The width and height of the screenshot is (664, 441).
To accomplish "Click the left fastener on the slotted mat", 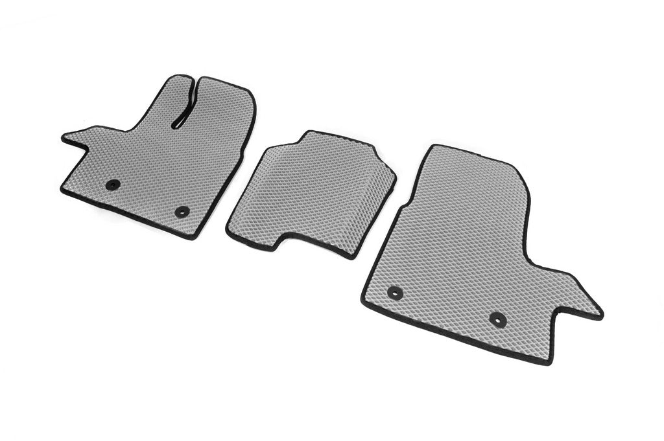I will point(113,185).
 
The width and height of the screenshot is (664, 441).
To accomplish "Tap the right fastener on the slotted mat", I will point(182,211).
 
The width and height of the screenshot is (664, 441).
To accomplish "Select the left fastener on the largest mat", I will point(394,293).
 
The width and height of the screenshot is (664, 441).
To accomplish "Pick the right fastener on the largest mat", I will point(497,319).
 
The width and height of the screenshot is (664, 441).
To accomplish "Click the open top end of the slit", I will point(193,80).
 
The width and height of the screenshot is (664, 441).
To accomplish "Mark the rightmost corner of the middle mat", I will point(394,176).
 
